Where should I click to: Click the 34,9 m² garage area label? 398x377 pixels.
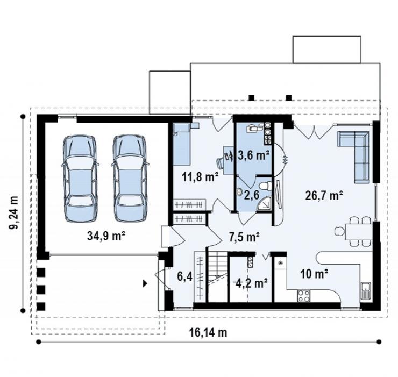(106, 236)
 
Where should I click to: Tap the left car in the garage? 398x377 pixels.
(80, 179)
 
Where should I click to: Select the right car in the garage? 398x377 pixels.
(130, 179)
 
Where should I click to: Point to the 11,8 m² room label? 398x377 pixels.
(200, 177)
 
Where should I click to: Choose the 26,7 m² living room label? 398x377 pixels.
(324, 195)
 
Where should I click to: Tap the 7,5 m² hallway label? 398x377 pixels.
(244, 237)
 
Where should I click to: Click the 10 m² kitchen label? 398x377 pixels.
(314, 274)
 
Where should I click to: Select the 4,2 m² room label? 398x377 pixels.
(252, 282)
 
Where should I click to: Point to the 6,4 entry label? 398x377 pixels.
(184, 276)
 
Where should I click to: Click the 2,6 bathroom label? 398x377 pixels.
(251, 195)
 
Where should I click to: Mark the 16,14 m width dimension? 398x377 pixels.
(208, 332)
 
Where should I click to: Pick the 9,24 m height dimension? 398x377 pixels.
(14, 212)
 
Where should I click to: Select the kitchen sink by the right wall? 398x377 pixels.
(366, 290)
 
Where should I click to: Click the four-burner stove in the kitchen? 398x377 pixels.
(304, 296)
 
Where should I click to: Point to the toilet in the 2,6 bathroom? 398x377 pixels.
(266, 186)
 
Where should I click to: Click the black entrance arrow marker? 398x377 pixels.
(145, 283)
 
